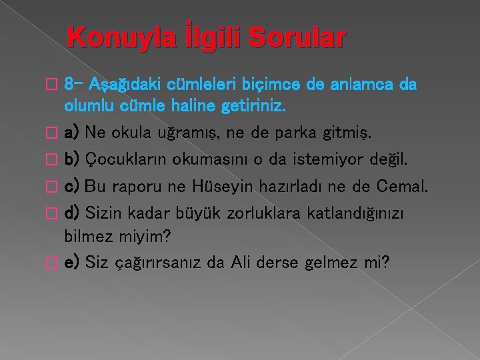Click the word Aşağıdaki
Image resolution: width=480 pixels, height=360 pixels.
pos(117,86)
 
